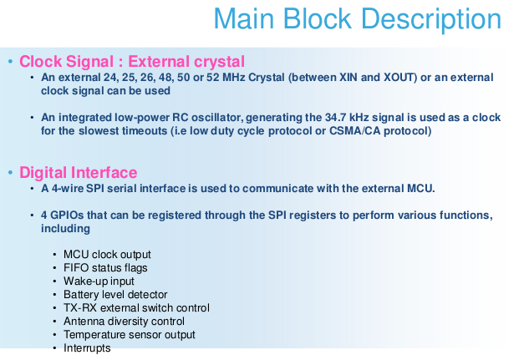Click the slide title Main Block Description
pyautogui.click(x=357, y=19)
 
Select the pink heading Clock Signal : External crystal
pyautogui.click(x=132, y=62)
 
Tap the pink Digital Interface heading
pyautogui.click(x=79, y=173)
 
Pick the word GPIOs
pyautogui.click(x=67, y=215)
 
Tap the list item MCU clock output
pyautogui.click(x=107, y=255)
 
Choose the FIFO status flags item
pyautogui.click(x=105, y=268)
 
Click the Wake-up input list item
pyautogui.click(x=99, y=281)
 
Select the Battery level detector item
pyautogui.click(x=115, y=295)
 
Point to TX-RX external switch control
pyautogui.click(x=136, y=308)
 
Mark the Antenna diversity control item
pyautogui.click(x=124, y=322)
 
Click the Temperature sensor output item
pyautogui.click(x=130, y=335)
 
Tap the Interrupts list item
pyautogui.click(x=87, y=348)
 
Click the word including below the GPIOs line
pyautogui.click(x=65, y=229)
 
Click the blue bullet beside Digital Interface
pyautogui.click(x=10, y=173)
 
